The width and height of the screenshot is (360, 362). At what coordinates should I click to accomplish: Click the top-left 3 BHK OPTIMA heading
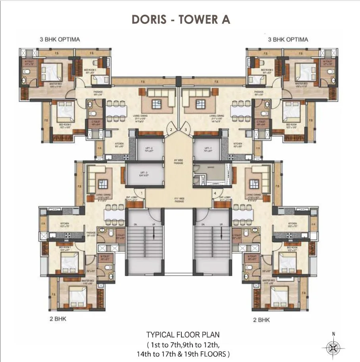[60, 39]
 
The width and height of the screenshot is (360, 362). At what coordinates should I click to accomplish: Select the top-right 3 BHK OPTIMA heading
[288, 39]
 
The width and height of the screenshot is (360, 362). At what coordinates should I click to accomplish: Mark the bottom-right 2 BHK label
[262, 318]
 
